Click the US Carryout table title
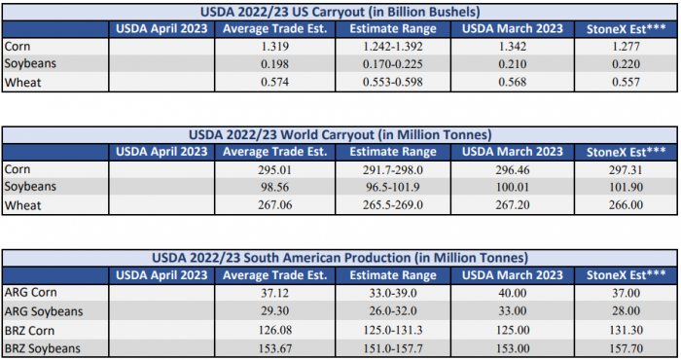tap(340, 12)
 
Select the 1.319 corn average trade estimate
tap(275, 47)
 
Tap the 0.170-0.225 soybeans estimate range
tap(393, 64)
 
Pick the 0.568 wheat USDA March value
tap(513, 82)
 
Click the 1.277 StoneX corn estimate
tap(626, 47)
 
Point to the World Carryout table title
tap(340, 134)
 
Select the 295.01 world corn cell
tap(275, 170)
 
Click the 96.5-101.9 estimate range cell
tap(393, 187)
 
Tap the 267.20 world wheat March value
tap(513, 205)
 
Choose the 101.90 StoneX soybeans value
tap(626, 187)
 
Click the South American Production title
tap(340, 258)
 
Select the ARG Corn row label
tap(30, 292)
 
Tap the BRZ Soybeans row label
tap(43, 348)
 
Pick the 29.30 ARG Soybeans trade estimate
tap(275, 311)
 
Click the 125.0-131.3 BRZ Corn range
tap(393, 330)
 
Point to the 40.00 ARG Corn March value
tap(513, 293)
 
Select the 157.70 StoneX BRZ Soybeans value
tap(626, 348)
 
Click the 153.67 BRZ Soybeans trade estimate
tap(275, 348)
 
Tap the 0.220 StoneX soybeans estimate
tap(626, 64)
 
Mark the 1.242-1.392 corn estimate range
tap(393, 47)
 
